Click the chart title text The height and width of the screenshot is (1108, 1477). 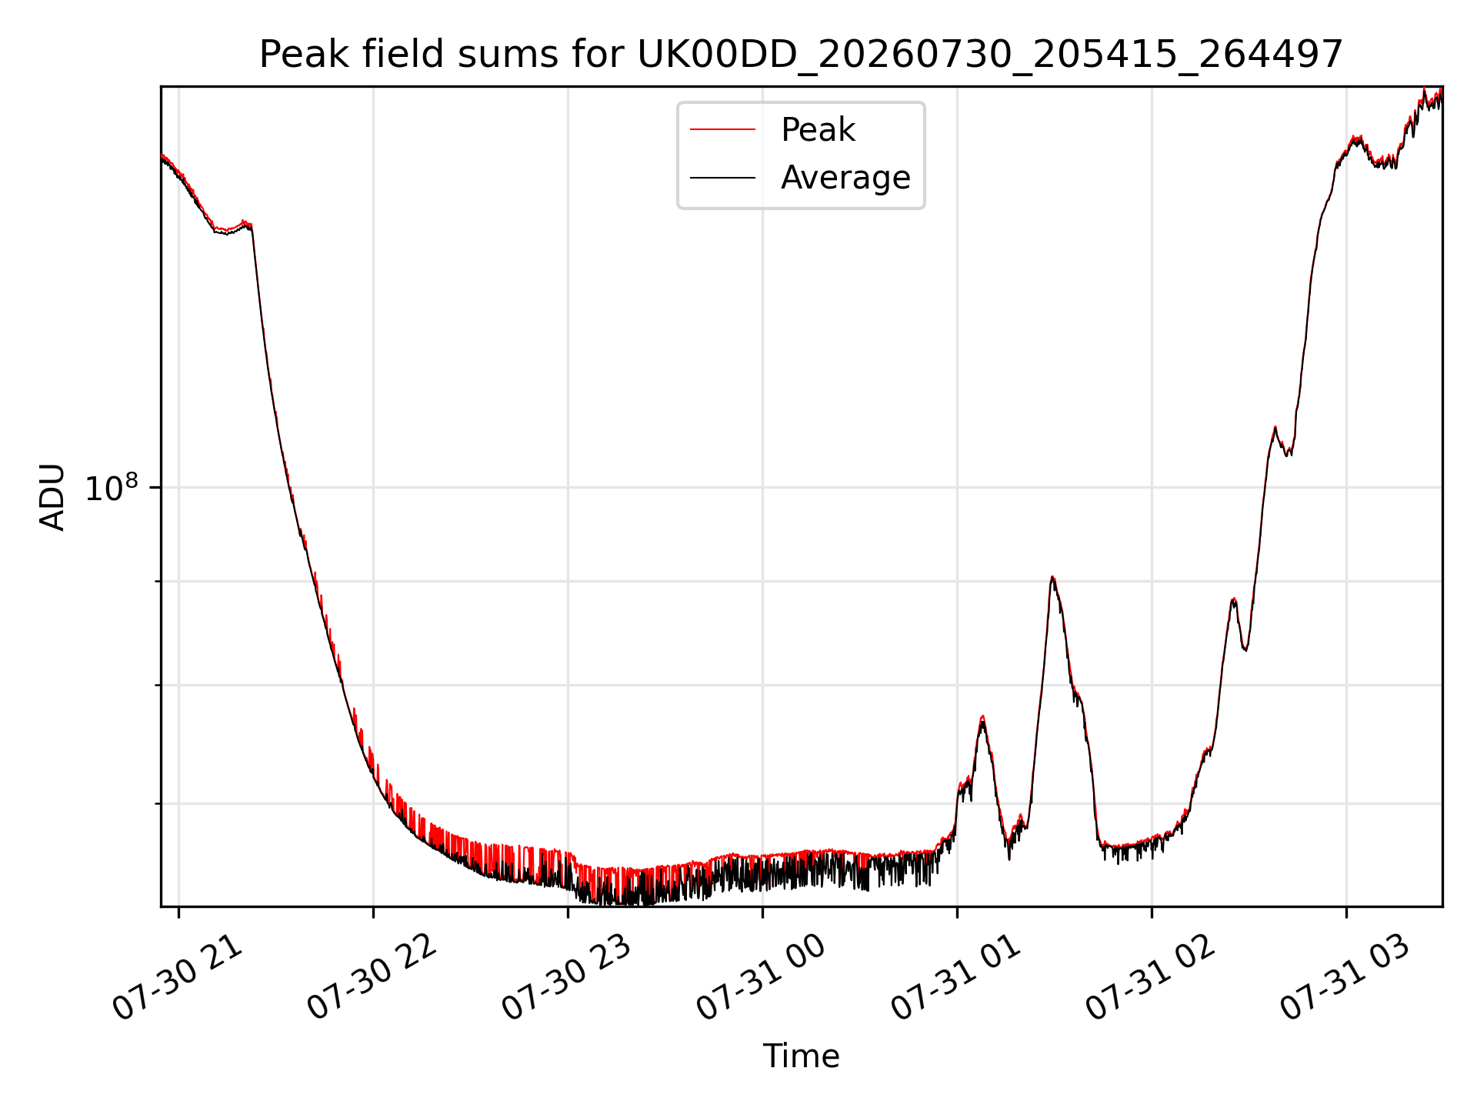[801, 55]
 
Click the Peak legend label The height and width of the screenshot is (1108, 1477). [818, 130]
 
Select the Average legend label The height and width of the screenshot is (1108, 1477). [845, 178]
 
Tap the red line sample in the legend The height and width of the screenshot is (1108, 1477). [722, 130]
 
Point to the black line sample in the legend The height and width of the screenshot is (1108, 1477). [722, 178]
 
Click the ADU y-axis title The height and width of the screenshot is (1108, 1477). [52, 496]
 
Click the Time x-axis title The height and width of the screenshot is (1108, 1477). [801, 1056]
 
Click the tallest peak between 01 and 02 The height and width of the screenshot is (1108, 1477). [1052, 577]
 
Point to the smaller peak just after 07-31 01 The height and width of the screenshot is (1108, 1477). [982, 717]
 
